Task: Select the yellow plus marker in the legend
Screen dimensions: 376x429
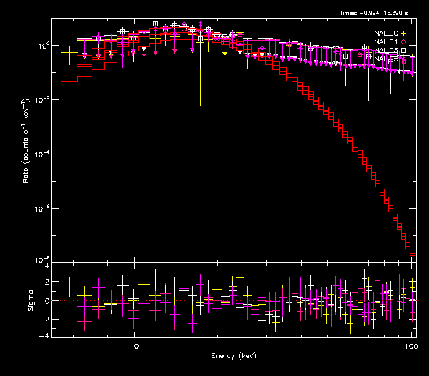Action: [404, 34]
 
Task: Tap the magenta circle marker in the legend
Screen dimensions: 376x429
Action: [404, 42]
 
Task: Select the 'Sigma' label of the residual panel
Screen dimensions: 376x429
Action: [31, 301]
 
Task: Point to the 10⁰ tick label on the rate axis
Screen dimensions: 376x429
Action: [42, 46]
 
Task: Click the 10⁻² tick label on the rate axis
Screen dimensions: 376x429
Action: [42, 100]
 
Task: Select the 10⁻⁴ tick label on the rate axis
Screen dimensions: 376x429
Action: [42, 154]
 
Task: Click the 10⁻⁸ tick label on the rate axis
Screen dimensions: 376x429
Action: [42, 260]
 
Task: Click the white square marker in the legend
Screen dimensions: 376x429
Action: [404, 51]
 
